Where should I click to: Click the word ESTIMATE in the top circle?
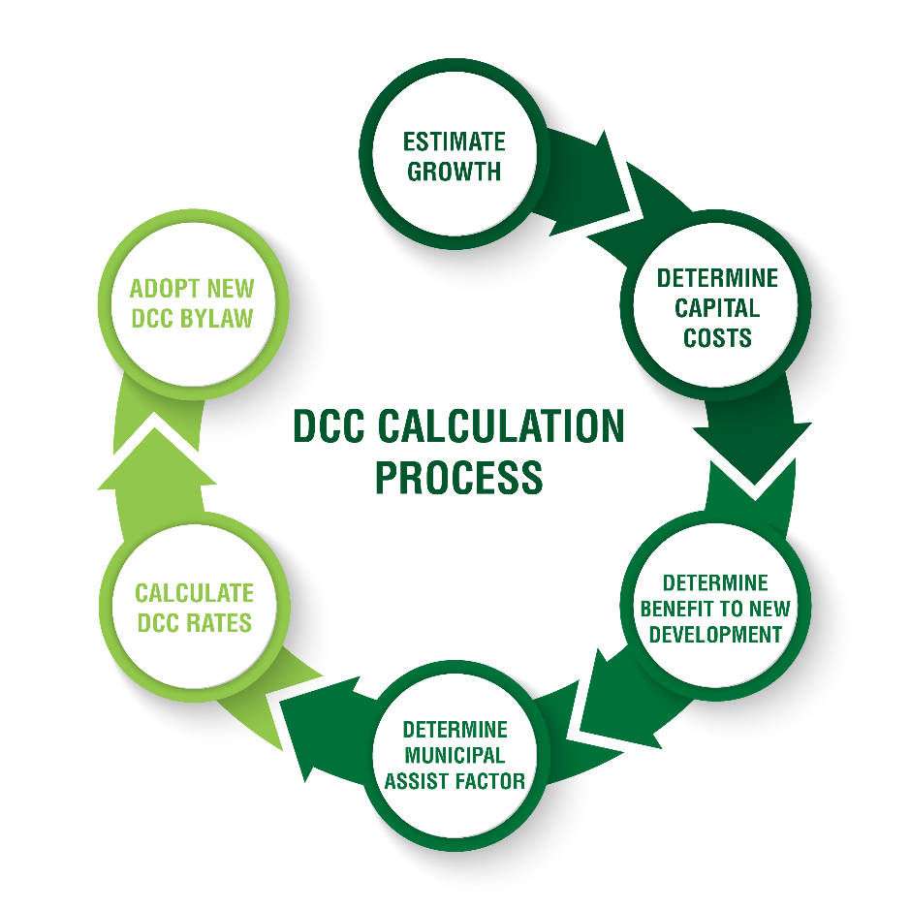[x=455, y=142]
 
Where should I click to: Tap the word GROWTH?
[x=455, y=173]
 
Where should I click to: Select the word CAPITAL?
[x=717, y=308]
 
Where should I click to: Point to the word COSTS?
[x=717, y=338]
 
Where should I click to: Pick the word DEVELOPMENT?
[x=716, y=635]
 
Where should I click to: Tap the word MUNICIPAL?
[x=455, y=755]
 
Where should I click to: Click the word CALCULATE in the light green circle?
[x=194, y=593]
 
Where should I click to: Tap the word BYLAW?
[x=220, y=318]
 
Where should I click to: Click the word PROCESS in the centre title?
[x=458, y=478]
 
